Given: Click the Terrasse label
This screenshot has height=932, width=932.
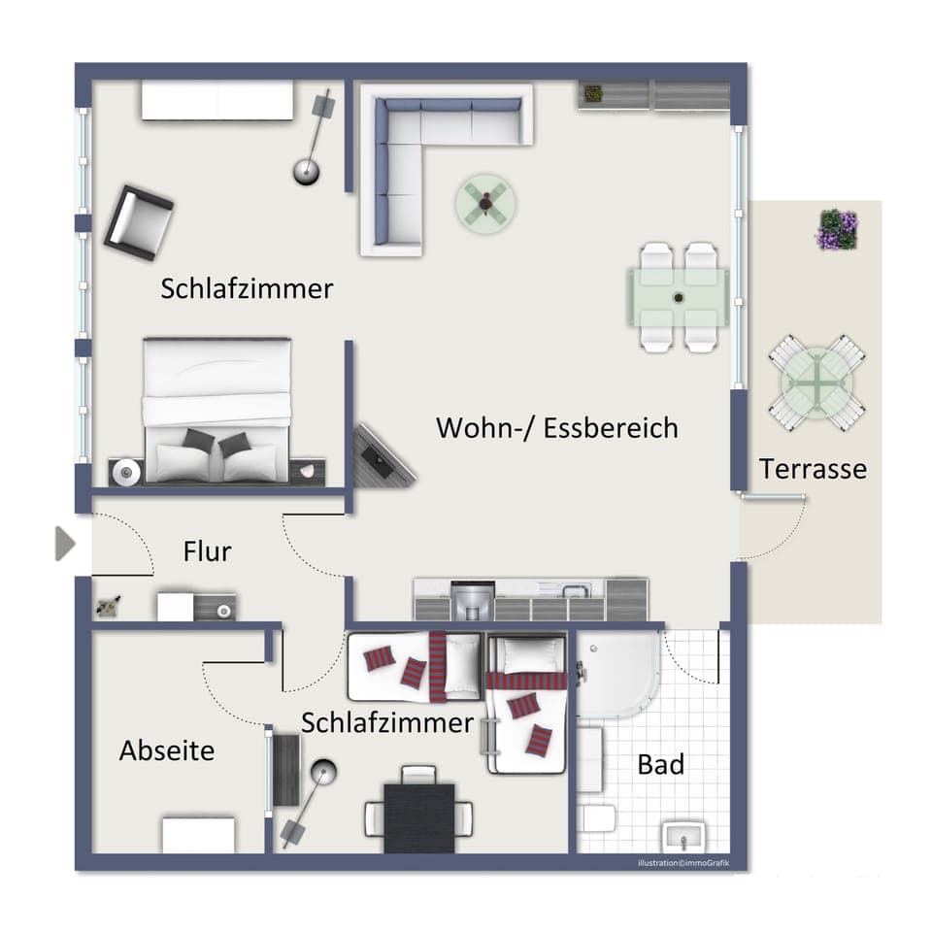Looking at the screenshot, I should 813,469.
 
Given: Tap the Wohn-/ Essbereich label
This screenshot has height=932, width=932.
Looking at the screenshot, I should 556,427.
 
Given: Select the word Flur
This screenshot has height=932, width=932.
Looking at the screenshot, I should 207,551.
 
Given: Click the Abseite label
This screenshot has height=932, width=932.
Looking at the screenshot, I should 167,750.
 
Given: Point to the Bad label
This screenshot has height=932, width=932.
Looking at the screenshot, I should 660,764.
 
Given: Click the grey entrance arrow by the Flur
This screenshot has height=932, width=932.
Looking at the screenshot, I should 65,544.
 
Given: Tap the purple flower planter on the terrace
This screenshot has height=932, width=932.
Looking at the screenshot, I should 837,230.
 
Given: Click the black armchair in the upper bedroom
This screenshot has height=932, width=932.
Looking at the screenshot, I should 138,222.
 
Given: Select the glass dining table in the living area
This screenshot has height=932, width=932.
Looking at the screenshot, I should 679,297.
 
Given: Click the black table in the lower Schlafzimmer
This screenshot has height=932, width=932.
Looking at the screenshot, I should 419,816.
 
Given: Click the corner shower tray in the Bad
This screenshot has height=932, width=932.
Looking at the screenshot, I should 616,672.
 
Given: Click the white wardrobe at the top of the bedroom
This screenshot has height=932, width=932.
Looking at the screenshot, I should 217,101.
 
